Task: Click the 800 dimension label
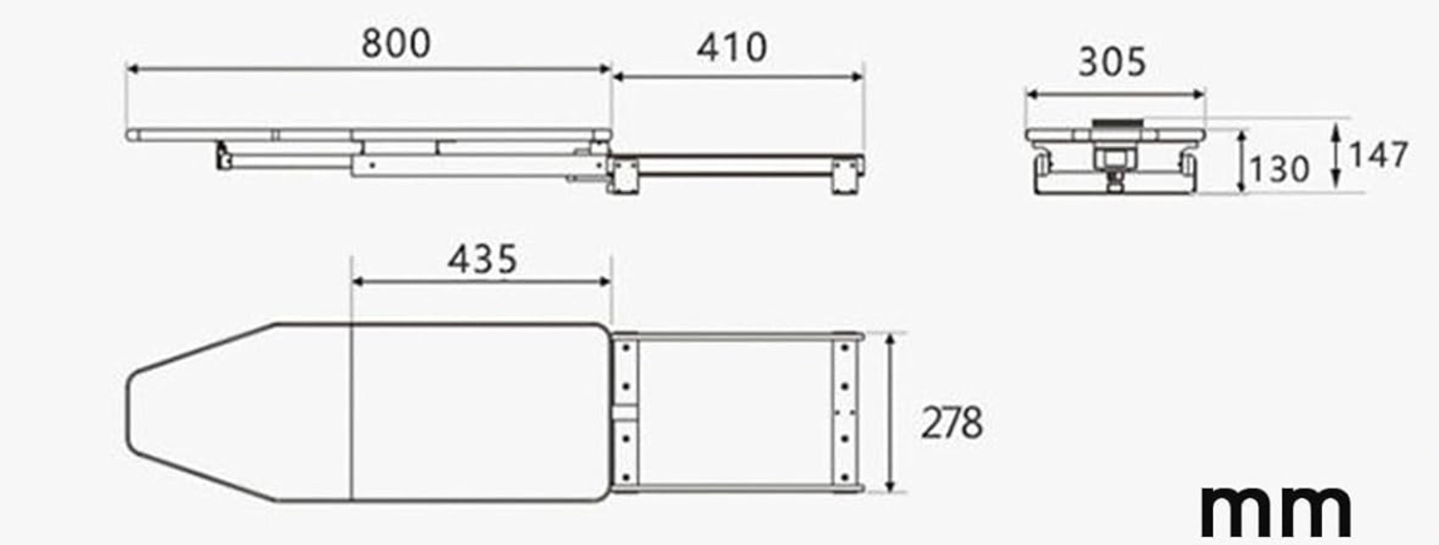(395, 43)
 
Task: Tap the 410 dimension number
(732, 48)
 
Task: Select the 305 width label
(1112, 62)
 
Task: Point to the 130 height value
(1279, 169)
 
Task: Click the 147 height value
(1379, 155)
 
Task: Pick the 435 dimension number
(482, 260)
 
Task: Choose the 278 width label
(952, 423)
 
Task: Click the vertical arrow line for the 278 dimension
(890, 412)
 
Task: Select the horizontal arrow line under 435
(482, 282)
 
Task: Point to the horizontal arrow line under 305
(1115, 95)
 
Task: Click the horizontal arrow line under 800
(369, 70)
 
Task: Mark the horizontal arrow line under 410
(738, 77)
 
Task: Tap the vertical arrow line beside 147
(1337, 156)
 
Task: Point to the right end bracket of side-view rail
(847, 174)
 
